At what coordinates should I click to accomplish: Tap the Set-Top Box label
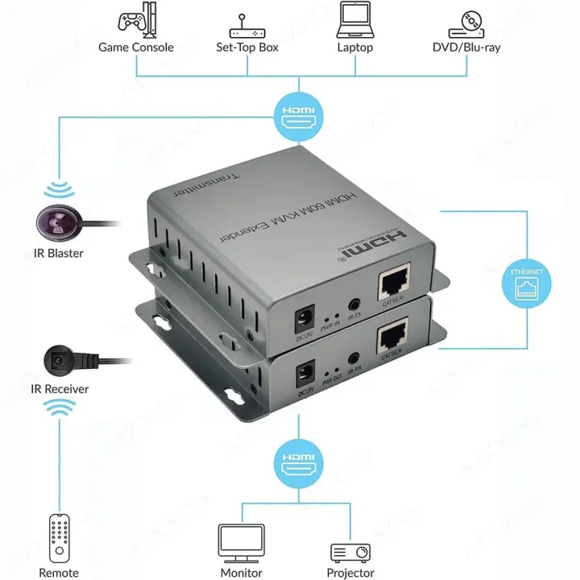(x=247, y=48)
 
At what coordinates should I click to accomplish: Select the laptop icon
(x=354, y=19)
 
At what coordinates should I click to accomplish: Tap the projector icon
(x=350, y=552)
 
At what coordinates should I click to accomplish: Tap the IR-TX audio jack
(x=353, y=305)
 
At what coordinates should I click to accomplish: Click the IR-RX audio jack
(x=353, y=361)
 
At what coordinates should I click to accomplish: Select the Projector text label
(x=350, y=573)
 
